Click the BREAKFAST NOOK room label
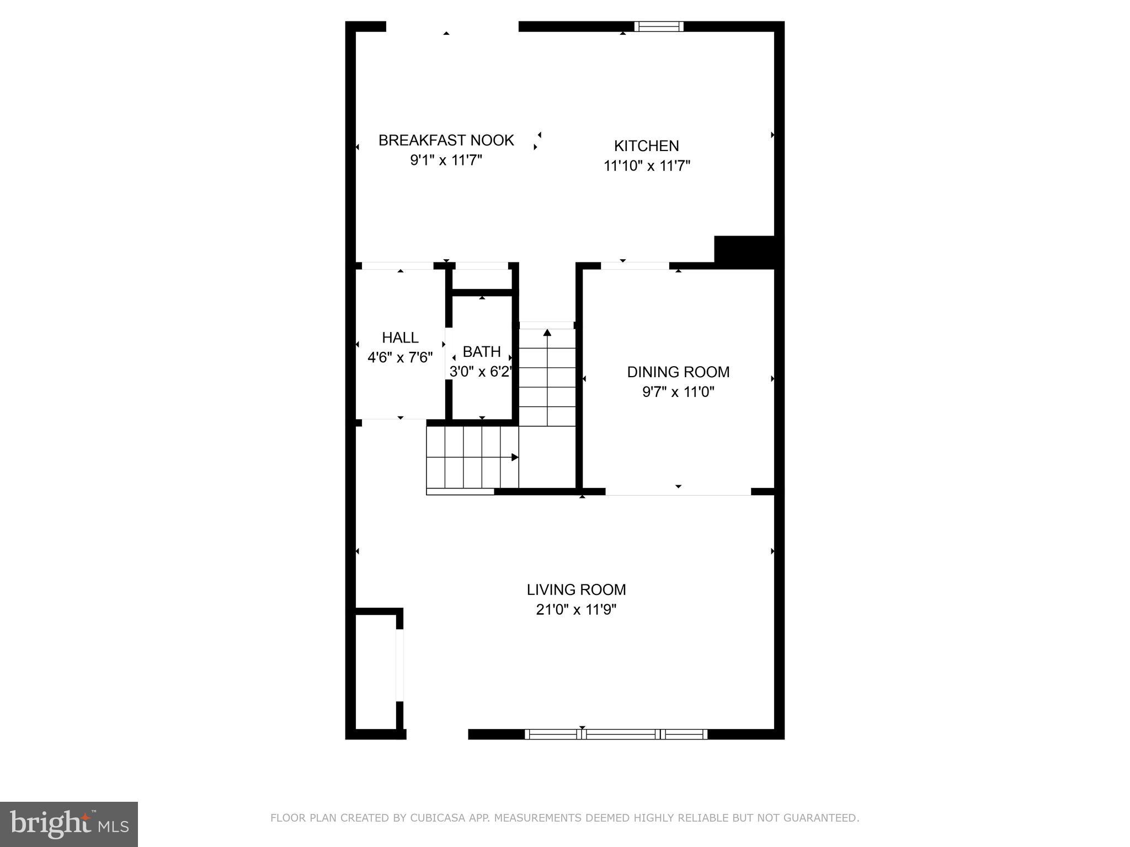(x=446, y=140)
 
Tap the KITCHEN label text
(x=646, y=146)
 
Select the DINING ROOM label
(x=678, y=372)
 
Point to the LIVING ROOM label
(x=576, y=589)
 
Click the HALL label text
(x=400, y=337)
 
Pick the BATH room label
(x=482, y=351)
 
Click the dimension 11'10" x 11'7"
(x=647, y=165)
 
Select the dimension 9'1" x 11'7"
(x=446, y=160)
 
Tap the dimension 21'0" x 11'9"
(x=576, y=610)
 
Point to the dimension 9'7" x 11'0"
(x=678, y=392)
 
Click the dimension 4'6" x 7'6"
(x=400, y=357)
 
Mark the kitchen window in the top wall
(x=658, y=26)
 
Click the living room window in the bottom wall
(x=616, y=734)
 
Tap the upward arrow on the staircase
(x=547, y=333)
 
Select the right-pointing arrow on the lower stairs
(x=514, y=457)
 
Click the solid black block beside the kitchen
(x=745, y=251)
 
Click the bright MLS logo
(x=69, y=824)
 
